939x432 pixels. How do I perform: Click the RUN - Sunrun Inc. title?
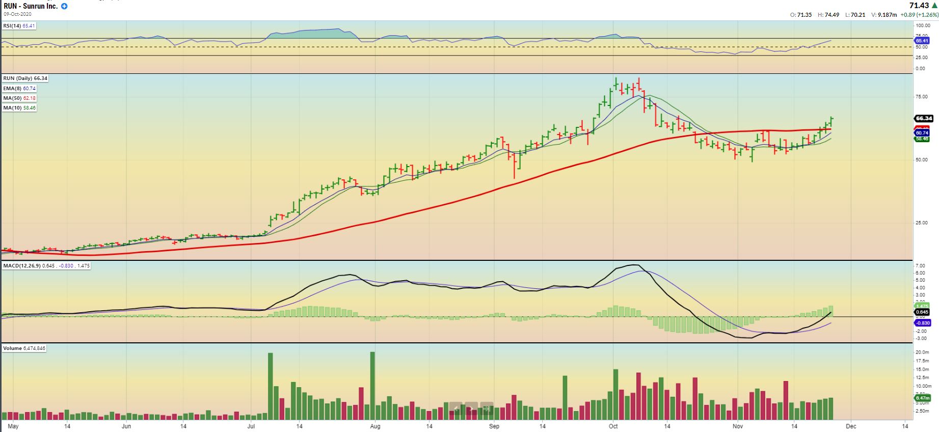[x=31, y=6]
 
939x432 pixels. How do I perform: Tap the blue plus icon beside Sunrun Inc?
[x=64, y=6]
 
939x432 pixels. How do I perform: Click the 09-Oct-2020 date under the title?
[x=17, y=14]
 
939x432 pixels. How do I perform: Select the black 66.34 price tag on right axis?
[x=924, y=118]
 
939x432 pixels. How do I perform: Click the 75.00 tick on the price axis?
[x=922, y=96]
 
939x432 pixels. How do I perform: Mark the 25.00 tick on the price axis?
[x=922, y=223]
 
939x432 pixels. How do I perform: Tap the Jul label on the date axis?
[x=251, y=426]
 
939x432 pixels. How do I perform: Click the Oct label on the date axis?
[x=613, y=426]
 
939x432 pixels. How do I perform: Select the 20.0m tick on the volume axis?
[x=922, y=352]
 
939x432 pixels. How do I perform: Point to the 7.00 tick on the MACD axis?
[x=920, y=266]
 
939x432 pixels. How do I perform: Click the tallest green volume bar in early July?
[x=270, y=385]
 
